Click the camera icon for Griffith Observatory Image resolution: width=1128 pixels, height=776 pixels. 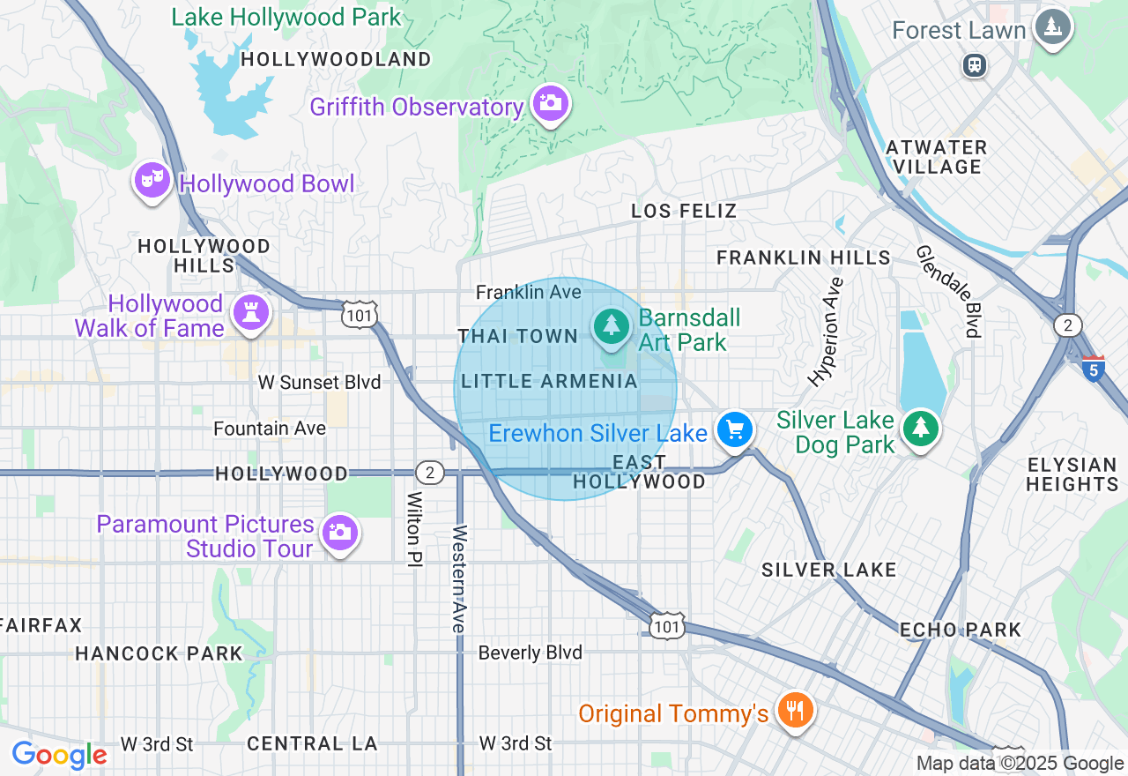[551, 104]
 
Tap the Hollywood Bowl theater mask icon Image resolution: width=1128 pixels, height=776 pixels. [152, 181]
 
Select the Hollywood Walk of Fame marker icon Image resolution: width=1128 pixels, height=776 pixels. [249, 313]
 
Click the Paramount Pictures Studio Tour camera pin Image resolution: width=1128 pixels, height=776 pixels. [339, 533]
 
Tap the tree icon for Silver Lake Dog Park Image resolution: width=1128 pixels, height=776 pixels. [921, 429]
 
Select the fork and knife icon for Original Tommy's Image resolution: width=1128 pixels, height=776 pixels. [795, 710]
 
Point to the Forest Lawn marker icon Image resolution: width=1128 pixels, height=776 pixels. [1052, 27]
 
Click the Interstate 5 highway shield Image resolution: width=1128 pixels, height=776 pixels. [1093, 368]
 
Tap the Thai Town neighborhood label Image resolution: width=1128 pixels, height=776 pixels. [517, 336]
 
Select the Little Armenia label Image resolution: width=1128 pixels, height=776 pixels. [549, 381]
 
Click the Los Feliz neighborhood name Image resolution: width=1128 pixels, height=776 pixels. [684, 211]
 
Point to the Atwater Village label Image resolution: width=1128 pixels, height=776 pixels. [936, 157]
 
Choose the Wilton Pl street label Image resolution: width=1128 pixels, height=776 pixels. [412, 529]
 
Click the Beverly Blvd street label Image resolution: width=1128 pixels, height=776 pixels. [530, 653]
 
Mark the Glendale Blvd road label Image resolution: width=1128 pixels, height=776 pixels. [948, 291]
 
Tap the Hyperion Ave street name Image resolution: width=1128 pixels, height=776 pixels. [826, 332]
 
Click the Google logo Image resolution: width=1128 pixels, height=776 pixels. [59, 756]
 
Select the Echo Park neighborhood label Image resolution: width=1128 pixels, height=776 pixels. [960, 630]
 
